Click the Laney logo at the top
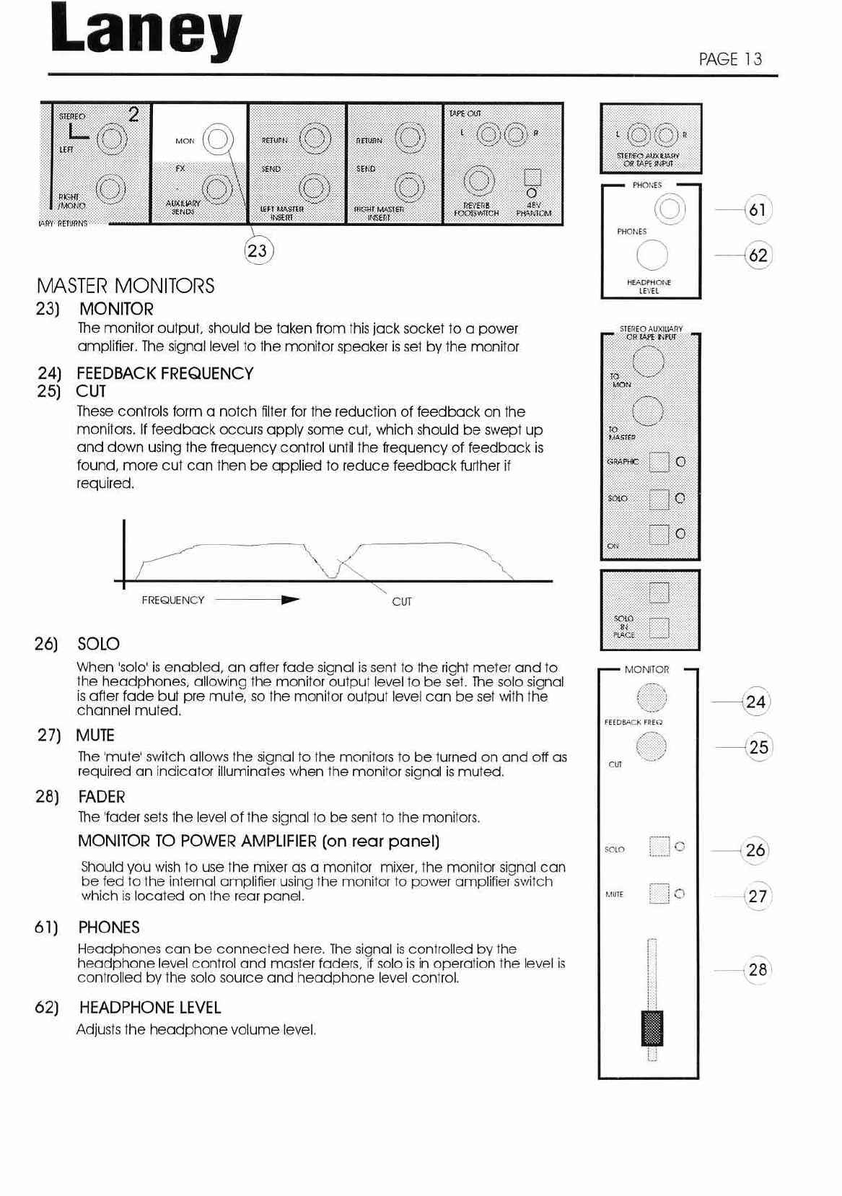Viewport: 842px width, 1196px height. coord(146,32)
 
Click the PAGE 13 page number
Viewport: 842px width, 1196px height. coord(730,59)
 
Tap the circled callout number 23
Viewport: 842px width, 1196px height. coord(257,250)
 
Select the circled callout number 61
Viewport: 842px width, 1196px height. coord(758,210)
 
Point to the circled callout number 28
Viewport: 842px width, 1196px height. coord(758,969)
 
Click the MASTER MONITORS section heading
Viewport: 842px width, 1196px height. coord(126,286)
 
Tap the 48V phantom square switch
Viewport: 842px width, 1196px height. coord(532,177)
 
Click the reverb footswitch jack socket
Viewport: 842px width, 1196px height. coord(478,180)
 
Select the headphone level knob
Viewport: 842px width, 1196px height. coord(652,255)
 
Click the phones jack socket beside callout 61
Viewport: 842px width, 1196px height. coord(669,209)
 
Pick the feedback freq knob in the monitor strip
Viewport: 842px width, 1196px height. coord(652,698)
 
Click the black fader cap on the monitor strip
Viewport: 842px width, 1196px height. coord(652,1029)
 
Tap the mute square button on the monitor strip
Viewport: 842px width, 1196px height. coord(659,894)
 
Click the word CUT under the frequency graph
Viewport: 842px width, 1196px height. coord(402,601)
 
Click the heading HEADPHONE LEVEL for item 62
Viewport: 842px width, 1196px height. coord(150,1008)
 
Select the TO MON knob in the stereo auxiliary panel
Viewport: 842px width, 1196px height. coord(648,362)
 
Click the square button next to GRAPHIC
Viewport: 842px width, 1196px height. coord(659,461)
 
